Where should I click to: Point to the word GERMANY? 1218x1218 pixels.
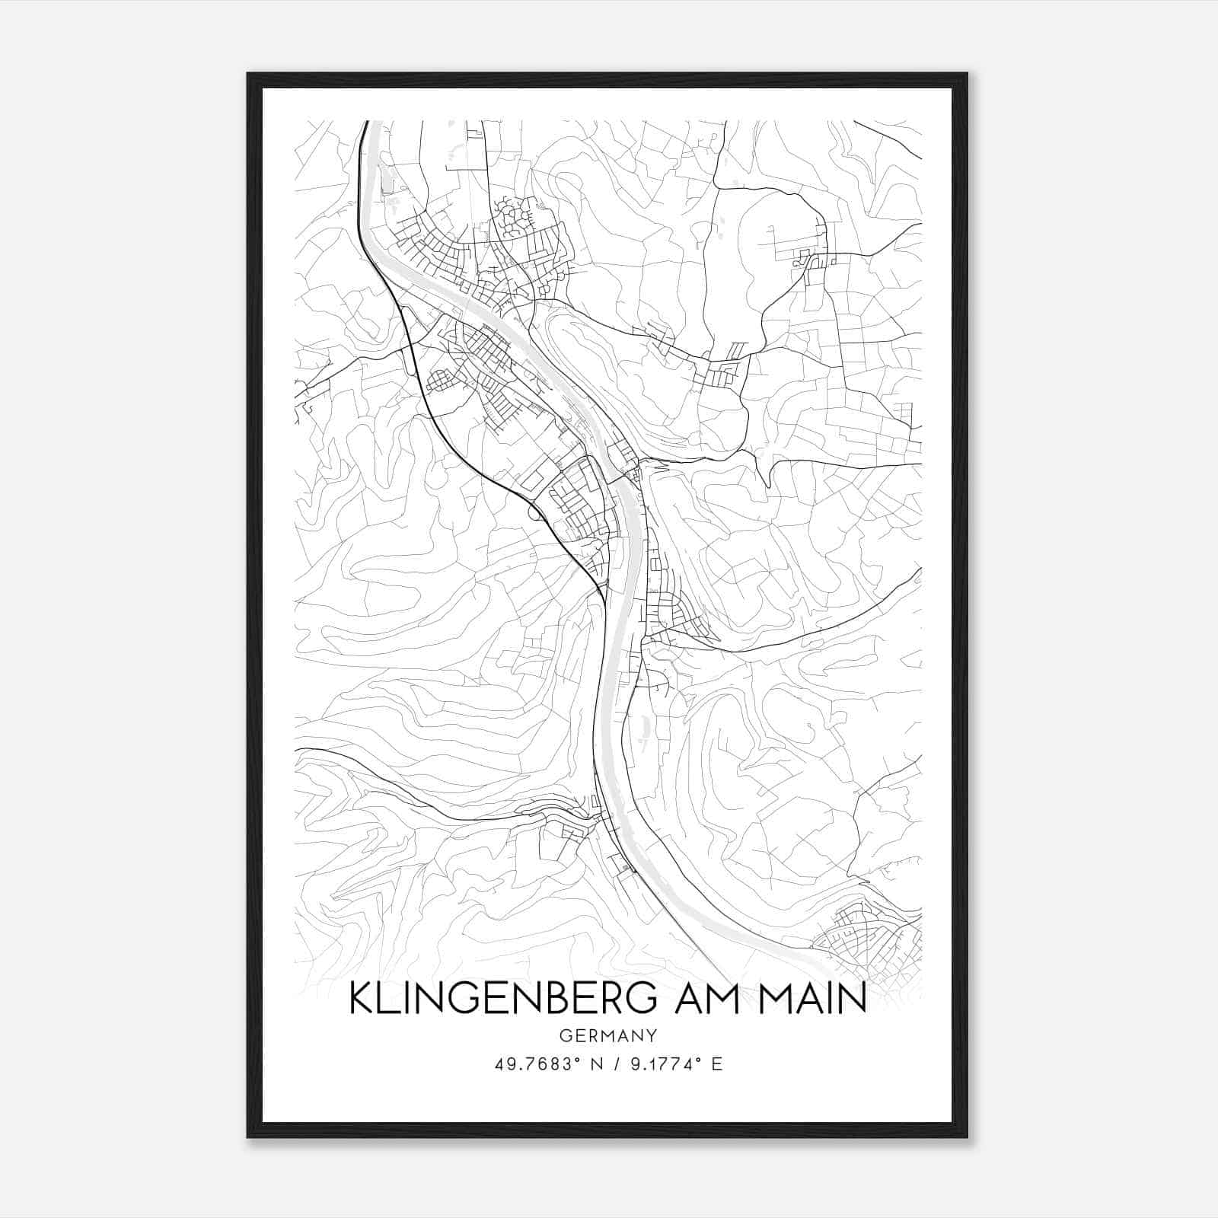[607, 1035]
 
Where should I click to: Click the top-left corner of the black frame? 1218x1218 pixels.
[249, 75]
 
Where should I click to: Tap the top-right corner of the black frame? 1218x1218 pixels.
[966, 75]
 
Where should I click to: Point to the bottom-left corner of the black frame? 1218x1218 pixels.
[249, 1137]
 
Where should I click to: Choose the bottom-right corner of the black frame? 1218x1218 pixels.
[966, 1137]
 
